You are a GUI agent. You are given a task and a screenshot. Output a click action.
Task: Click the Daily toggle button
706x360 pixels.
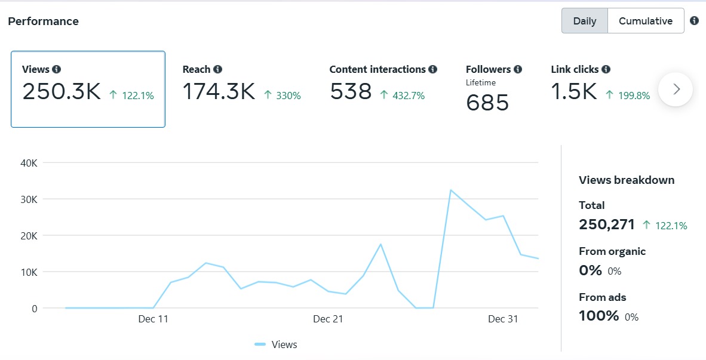[x=584, y=21]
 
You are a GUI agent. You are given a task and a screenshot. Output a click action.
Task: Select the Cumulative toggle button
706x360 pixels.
[x=645, y=21]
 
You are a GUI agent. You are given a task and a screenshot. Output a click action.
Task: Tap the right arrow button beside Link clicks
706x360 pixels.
[x=676, y=90]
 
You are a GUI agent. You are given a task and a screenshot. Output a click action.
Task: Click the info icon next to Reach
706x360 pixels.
[x=218, y=69]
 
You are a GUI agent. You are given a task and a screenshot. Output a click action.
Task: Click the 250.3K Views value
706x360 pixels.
[x=62, y=91]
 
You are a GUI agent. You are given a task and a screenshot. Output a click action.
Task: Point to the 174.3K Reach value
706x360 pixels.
[x=219, y=91]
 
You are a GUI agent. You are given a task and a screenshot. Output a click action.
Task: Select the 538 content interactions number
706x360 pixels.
[x=351, y=91]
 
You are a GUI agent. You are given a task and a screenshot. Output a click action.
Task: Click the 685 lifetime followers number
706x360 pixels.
[x=487, y=103]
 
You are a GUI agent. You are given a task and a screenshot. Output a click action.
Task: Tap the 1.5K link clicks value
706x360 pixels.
[x=574, y=91]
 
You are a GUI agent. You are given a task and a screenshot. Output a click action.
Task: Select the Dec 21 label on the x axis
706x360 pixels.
[x=328, y=319]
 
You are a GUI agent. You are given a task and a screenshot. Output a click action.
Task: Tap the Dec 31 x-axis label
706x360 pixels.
[x=503, y=319]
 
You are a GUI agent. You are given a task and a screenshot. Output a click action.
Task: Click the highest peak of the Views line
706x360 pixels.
[x=451, y=190]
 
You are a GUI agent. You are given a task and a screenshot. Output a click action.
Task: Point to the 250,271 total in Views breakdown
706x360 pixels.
[x=607, y=224]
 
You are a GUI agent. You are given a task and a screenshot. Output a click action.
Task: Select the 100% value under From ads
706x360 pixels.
[x=598, y=316]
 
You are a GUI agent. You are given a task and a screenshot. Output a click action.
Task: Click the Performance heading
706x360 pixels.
[x=43, y=21]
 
